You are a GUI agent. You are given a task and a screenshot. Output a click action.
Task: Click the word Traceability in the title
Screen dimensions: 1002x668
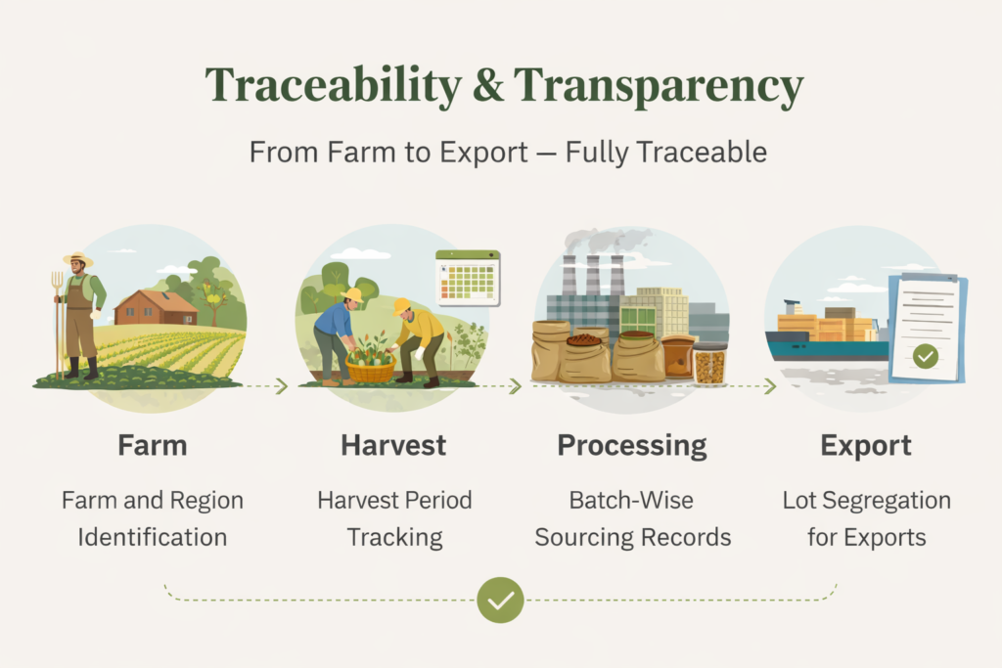(x=333, y=85)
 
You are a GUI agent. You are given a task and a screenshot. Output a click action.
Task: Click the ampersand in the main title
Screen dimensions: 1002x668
(x=488, y=85)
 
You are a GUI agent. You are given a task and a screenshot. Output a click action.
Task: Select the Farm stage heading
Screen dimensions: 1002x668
(x=152, y=445)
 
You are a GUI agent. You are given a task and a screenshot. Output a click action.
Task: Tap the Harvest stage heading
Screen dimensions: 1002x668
(x=393, y=445)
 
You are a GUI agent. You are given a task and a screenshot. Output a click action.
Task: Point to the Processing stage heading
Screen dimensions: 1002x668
(x=632, y=446)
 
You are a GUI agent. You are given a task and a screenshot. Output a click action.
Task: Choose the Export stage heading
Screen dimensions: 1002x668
(x=866, y=446)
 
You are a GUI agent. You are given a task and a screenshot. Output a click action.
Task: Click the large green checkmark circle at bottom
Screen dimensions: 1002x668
(x=500, y=600)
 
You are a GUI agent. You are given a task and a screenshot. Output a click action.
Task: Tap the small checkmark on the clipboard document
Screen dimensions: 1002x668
(x=926, y=356)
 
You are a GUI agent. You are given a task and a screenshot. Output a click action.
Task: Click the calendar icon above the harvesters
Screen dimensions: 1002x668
(x=468, y=278)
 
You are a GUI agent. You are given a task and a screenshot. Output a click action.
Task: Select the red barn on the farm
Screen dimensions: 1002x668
(x=156, y=307)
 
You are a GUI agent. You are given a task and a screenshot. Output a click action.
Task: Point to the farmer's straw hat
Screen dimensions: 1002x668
(x=78, y=258)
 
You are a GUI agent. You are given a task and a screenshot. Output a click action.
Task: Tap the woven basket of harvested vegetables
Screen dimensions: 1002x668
(x=371, y=367)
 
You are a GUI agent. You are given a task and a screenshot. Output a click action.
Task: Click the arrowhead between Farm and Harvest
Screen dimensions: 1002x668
(x=281, y=385)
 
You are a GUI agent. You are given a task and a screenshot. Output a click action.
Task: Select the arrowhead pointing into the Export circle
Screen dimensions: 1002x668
(x=770, y=385)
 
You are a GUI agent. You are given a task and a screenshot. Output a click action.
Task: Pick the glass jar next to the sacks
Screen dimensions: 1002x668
(x=710, y=364)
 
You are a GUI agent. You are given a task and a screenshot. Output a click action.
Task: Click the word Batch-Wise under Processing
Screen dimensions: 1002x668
(x=631, y=500)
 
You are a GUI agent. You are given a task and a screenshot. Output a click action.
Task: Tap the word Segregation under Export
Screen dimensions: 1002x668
(x=887, y=501)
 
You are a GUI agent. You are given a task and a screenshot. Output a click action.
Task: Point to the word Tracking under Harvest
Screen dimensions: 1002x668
(x=395, y=538)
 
